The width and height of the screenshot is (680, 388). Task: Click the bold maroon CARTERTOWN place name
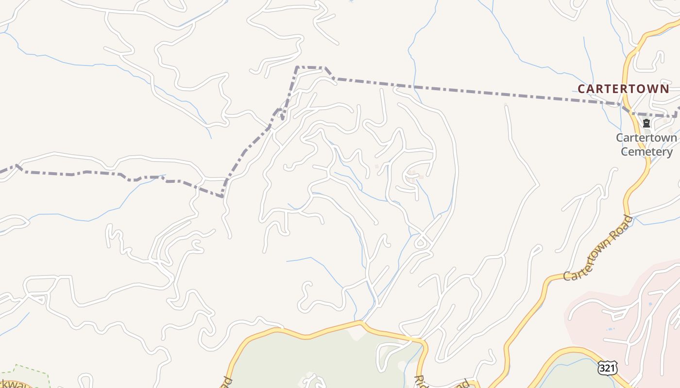[x=623, y=89]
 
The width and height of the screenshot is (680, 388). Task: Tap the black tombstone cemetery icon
[x=646, y=123]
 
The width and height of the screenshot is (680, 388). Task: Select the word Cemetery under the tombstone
[x=647, y=152]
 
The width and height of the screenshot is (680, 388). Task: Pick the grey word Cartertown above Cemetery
[x=646, y=138]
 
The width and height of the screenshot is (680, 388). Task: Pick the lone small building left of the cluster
[x=376, y=166]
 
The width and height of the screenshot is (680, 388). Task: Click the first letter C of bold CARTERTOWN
[x=581, y=89]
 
